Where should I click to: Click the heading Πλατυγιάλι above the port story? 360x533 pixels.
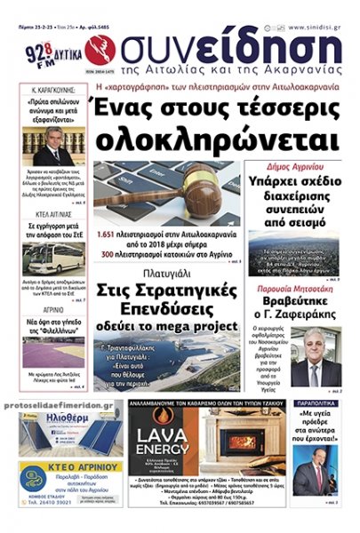tap(168, 274)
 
